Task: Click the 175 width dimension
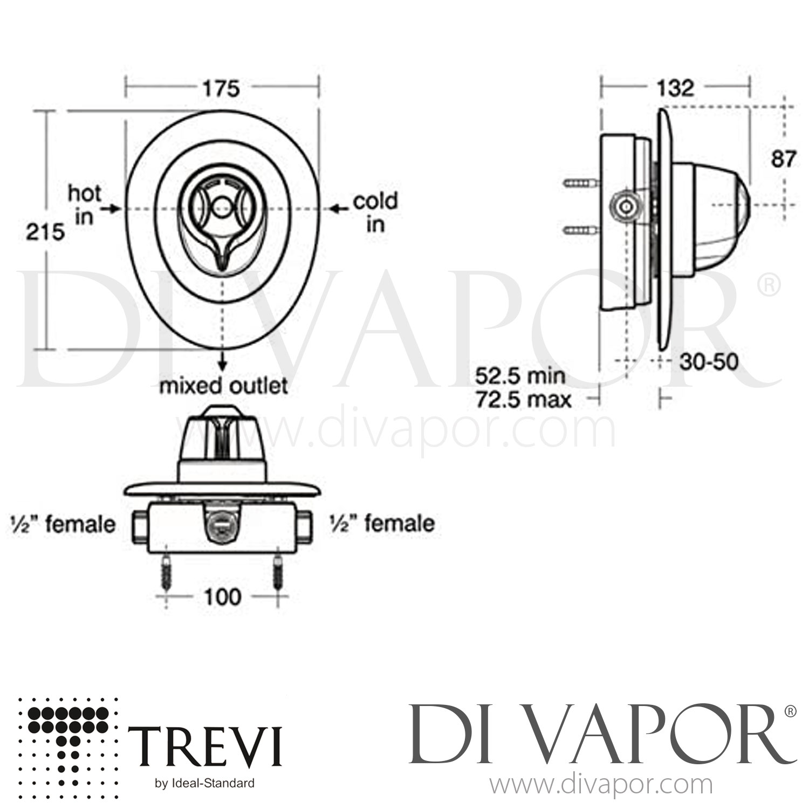[221, 88]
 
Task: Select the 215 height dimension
[46, 232]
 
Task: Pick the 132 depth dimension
[676, 87]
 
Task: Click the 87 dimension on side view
[783, 159]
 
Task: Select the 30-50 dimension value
[709, 362]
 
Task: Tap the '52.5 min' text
[520, 376]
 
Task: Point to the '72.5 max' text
[523, 400]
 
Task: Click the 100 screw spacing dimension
[223, 597]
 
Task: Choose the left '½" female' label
[63, 524]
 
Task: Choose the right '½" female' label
[382, 524]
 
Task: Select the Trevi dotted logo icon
[68, 741]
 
